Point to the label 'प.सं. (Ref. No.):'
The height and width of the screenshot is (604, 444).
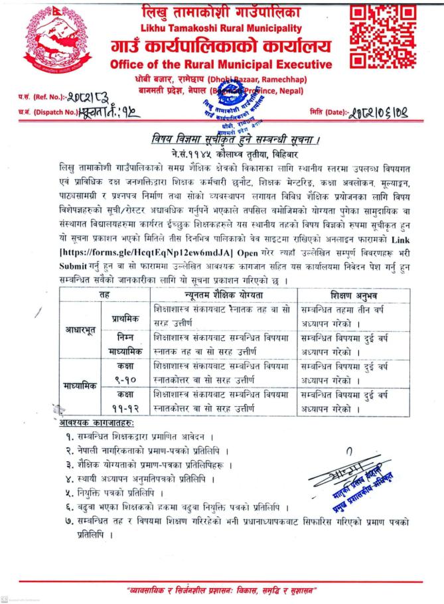pos(33,96)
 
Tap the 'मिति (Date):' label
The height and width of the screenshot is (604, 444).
pos(327,112)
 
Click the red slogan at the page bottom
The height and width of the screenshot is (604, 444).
pos(222,589)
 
